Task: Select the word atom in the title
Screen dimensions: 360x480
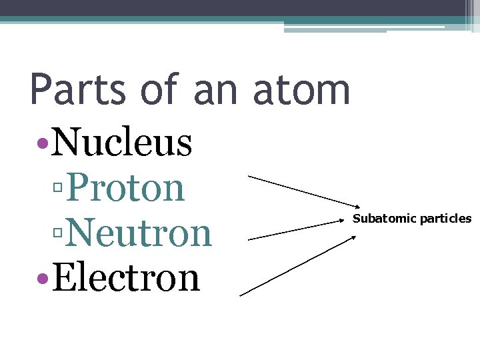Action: coord(301,90)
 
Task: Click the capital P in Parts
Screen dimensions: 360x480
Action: coord(41,90)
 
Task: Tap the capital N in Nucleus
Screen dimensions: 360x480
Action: coord(65,141)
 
